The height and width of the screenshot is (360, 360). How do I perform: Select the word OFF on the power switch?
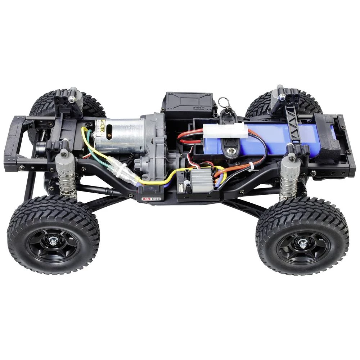(156, 198)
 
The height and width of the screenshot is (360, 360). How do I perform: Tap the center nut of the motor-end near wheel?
(53, 243)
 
